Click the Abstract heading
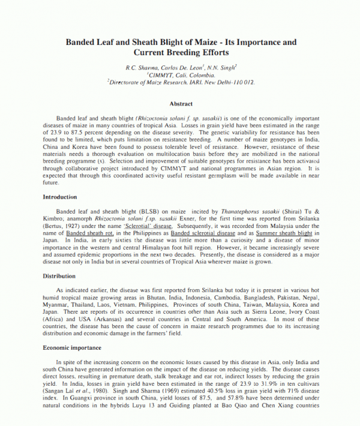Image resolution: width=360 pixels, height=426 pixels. [181, 104]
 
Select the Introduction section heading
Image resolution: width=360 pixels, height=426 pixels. [60, 197]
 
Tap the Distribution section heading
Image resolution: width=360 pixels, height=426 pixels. [58, 276]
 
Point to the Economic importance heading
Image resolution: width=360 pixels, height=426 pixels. [71, 347]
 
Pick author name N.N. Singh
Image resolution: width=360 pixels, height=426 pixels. [221, 68]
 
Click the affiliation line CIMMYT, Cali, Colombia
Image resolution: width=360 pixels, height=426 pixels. [181, 76]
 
